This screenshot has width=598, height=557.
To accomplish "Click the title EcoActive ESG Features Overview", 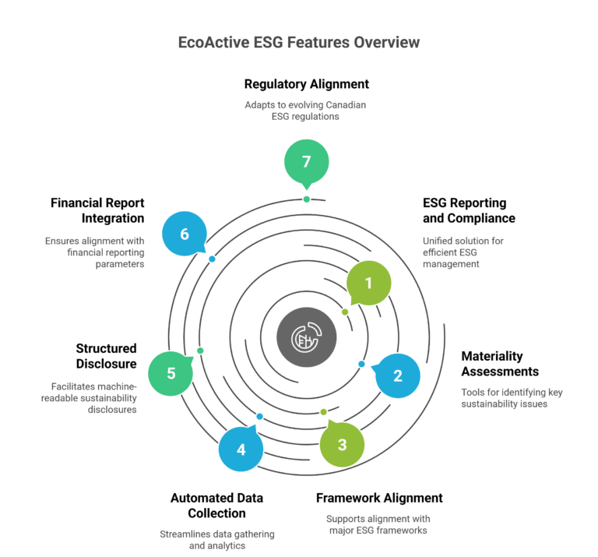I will [x=299, y=43].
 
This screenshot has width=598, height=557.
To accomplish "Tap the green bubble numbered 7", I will [x=306, y=162].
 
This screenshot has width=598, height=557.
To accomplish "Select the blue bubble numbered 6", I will [x=185, y=234].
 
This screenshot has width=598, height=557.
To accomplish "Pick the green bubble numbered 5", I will [x=171, y=372].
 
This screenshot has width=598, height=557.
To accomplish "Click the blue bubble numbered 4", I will [x=241, y=449].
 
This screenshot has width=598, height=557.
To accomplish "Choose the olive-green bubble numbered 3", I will [x=342, y=444].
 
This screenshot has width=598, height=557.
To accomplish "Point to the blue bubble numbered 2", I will [x=397, y=375].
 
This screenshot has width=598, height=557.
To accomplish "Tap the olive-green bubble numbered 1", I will [x=368, y=284].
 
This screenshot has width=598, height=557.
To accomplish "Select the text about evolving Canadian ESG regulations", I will [x=299, y=111].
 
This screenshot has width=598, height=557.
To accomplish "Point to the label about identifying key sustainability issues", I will [x=511, y=398].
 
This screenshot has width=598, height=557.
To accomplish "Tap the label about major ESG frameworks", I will [x=378, y=524].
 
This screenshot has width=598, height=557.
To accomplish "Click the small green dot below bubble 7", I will [x=307, y=199].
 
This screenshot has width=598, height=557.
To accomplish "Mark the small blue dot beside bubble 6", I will [x=212, y=259].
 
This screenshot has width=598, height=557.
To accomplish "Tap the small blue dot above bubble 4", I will [x=259, y=416].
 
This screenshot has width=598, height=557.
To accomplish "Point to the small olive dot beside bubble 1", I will [x=345, y=312].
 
